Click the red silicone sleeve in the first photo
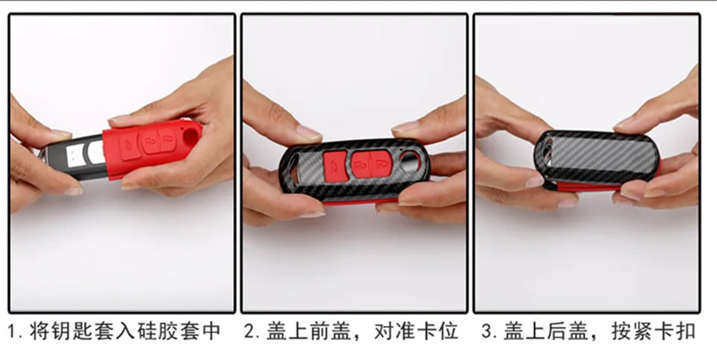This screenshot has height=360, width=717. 149,161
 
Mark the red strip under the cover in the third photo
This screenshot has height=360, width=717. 590,184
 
